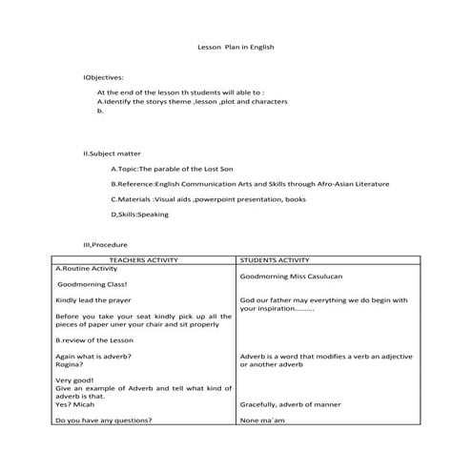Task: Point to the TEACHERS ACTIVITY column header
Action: pyautogui.click(x=143, y=259)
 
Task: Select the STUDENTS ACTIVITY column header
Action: pyautogui.click(x=275, y=259)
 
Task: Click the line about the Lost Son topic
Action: pyautogui.click(x=175, y=168)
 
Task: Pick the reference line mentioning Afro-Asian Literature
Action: pyautogui.click(x=249, y=184)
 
